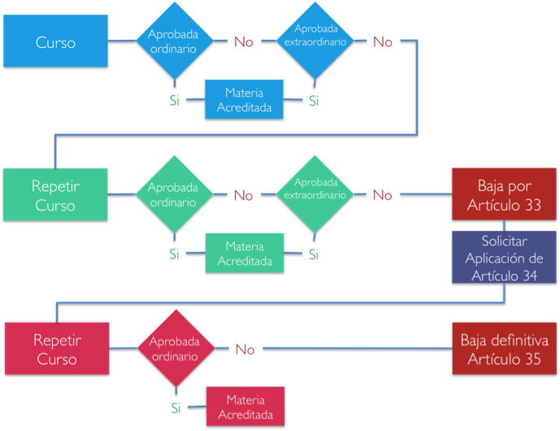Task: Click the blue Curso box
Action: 55,41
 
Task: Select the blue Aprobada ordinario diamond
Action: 175,41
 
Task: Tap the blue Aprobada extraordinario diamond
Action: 315,41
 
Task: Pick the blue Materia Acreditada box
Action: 245,99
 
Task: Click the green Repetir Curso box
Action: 55,194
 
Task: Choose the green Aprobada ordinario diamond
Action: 174,194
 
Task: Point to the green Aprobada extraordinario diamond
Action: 315,194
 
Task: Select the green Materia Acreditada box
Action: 245,253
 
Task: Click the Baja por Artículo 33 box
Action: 504,194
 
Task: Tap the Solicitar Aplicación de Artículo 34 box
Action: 504,257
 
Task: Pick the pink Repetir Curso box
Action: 57,348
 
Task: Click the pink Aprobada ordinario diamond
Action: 176,348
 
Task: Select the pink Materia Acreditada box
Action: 245,407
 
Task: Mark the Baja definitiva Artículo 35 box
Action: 504,348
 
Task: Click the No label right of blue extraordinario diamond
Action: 383,41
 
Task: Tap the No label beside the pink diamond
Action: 245,349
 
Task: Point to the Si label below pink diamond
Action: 176,407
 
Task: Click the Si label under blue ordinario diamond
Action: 174,100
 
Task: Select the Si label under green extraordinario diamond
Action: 314,255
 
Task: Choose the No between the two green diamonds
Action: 244,195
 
